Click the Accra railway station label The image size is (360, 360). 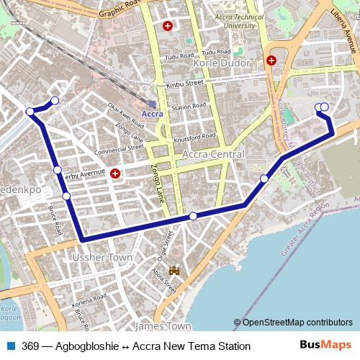152,114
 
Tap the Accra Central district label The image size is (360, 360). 214,155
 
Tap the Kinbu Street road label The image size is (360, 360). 185,84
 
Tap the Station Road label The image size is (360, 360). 189,107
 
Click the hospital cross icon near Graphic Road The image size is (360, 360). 168,27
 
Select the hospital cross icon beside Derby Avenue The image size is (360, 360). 116,173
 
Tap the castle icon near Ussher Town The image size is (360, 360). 174,271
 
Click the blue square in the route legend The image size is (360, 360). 11,346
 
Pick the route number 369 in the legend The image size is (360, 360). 30,346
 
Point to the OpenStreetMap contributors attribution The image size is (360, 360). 297,323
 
